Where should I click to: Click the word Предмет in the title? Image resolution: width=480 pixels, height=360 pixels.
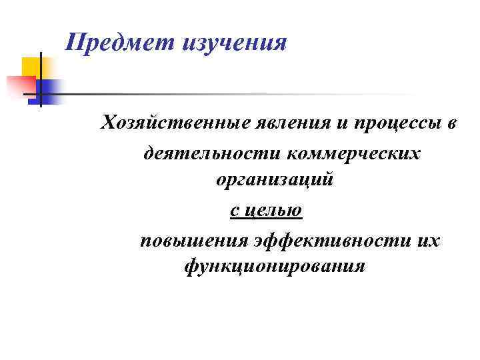point(120,44)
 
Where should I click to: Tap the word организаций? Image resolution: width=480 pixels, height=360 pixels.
point(273,180)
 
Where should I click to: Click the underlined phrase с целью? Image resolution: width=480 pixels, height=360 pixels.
point(266,211)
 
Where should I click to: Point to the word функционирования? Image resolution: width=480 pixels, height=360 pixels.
point(274,267)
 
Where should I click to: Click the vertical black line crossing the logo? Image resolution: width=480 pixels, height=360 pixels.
point(40,80)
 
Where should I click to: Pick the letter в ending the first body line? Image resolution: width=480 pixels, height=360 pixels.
point(451,124)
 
